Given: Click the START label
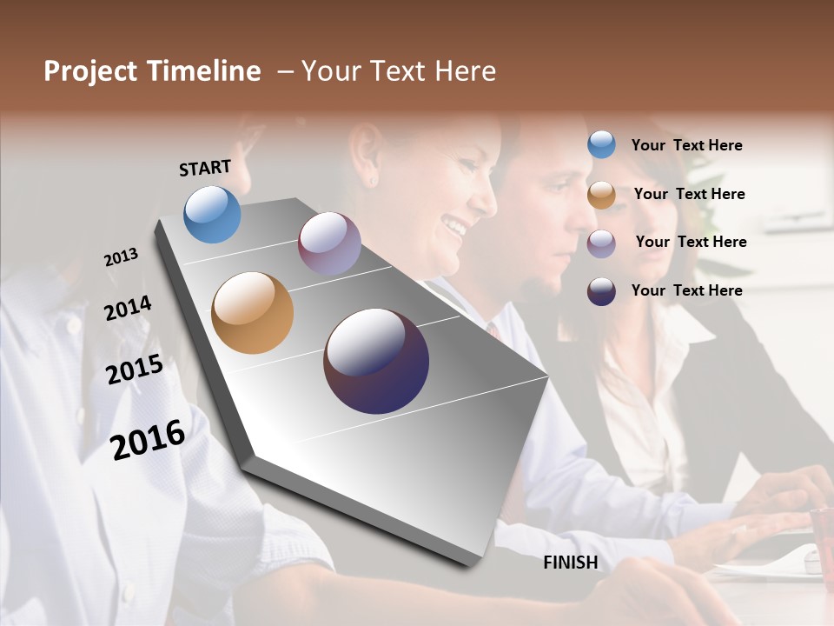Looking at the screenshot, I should pyautogui.click(x=205, y=168).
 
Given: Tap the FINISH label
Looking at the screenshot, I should pyautogui.click(x=571, y=563).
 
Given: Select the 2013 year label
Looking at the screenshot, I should pyautogui.click(x=122, y=257).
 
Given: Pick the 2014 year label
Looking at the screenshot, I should pyautogui.click(x=128, y=308).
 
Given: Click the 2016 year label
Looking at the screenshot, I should pyautogui.click(x=148, y=439).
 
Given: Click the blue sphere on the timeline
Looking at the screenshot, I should pyautogui.click(x=212, y=214).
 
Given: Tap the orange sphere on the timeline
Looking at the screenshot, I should pyautogui.click(x=252, y=313).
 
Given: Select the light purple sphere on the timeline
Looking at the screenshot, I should pyautogui.click(x=329, y=243).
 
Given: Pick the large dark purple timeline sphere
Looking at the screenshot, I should pyautogui.click(x=376, y=361).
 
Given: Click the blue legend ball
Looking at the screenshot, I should pyautogui.click(x=601, y=145).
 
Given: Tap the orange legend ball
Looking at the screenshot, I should pyautogui.click(x=601, y=195).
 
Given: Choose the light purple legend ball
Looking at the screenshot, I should pyautogui.click(x=601, y=243).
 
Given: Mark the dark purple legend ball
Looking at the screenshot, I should pyautogui.click(x=601, y=291).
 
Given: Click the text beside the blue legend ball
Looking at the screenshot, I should pyautogui.click(x=686, y=146).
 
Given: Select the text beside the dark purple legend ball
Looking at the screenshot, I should pyautogui.click(x=686, y=290).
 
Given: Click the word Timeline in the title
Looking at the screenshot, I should pyautogui.click(x=204, y=71).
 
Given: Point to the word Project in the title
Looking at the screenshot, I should pyautogui.click(x=91, y=71).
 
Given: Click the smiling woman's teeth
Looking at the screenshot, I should pyautogui.click(x=454, y=227).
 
